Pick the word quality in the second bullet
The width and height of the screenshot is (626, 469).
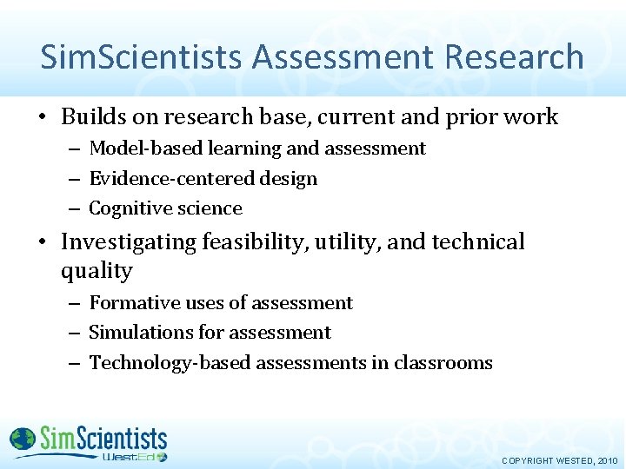[x=97, y=271]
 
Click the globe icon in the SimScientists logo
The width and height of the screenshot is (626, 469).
[x=23, y=439]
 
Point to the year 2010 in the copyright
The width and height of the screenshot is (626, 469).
[x=606, y=460]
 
